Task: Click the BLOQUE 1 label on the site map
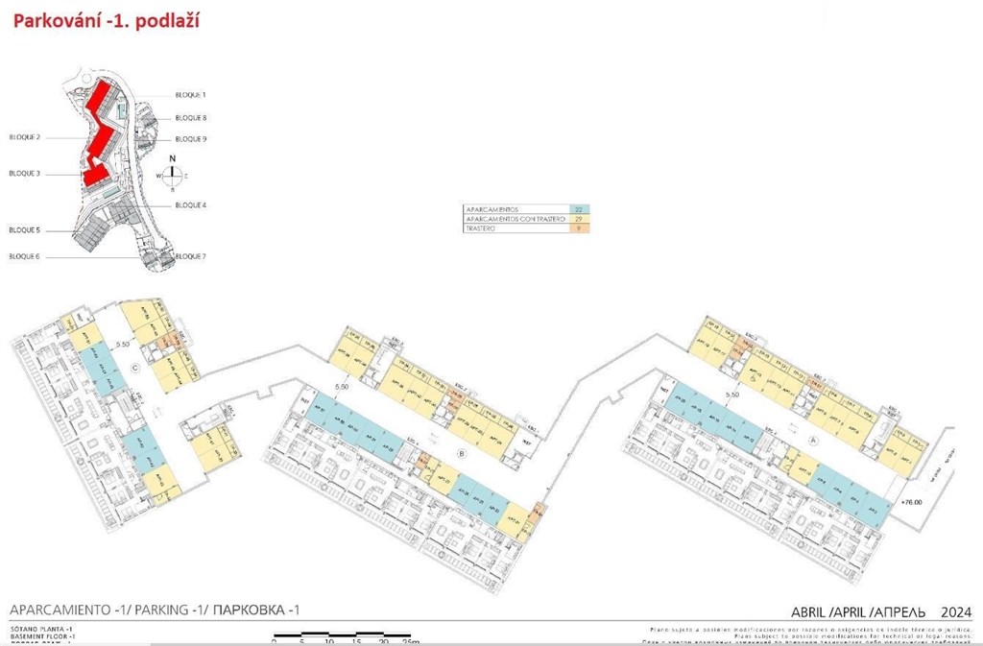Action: [191, 95]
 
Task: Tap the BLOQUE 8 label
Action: [191, 117]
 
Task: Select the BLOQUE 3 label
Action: [25, 174]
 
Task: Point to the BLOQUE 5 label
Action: [25, 230]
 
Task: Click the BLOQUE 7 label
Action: [191, 256]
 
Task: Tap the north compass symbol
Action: [172, 174]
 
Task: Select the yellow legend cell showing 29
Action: [578, 219]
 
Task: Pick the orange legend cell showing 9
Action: [578, 228]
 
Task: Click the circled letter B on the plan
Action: [462, 453]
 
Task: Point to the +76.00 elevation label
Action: [905, 502]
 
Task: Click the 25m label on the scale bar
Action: [410, 640]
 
